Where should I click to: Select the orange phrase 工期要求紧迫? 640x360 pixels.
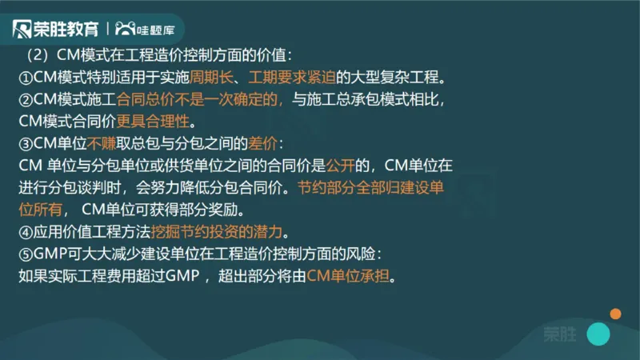click(x=291, y=78)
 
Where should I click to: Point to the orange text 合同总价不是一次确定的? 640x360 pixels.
click(x=199, y=100)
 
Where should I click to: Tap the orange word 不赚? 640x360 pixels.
click(x=103, y=144)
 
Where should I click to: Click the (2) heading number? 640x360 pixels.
click(x=38, y=56)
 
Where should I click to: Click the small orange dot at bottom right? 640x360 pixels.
click(x=615, y=313)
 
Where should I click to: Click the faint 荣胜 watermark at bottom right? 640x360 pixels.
click(x=558, y=334)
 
